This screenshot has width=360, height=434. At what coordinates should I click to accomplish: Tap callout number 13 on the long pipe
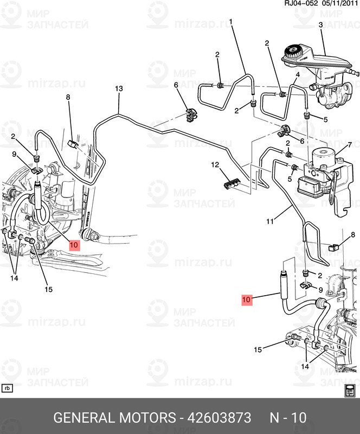[x=119, y=89]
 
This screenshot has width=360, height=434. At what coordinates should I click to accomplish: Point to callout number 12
[x=215, y=164]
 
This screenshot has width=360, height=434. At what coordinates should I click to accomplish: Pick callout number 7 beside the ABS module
[x=350, y=145]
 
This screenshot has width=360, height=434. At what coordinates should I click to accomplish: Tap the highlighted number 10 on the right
[x=247, y=298]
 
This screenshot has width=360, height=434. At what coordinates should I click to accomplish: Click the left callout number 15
[x=48, y=289]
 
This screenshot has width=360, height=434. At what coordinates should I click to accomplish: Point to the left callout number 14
[x=14, y=278]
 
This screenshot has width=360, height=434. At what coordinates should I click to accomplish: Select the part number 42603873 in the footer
[x=219, y=418]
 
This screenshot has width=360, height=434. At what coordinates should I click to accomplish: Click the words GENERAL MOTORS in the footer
[x=114, y=418]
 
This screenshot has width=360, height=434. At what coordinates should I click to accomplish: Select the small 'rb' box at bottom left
[x=8, y=388]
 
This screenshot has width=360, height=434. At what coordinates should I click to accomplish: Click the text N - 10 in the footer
[x=288, y=418]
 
